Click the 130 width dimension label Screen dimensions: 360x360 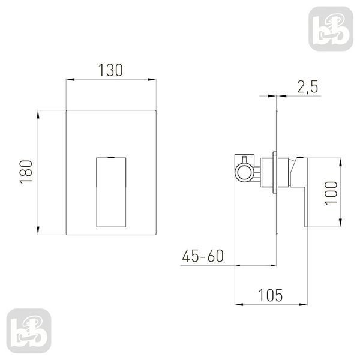click(x=110, y=70)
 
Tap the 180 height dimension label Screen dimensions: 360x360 click(x=26, y=172)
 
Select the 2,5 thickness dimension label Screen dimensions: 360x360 click(x=308, y=87)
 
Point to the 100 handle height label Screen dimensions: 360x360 click(x=331, y=193)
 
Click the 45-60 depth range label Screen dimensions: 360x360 click(x=203, y=256)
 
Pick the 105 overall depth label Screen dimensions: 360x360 click(x=271, y=295)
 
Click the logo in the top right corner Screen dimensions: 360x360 click(x=331, y=29)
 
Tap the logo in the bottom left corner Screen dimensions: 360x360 click(x=29, y=331)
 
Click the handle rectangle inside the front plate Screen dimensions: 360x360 click(x=111, y=193)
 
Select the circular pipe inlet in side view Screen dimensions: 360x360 click(x=244, y=172)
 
